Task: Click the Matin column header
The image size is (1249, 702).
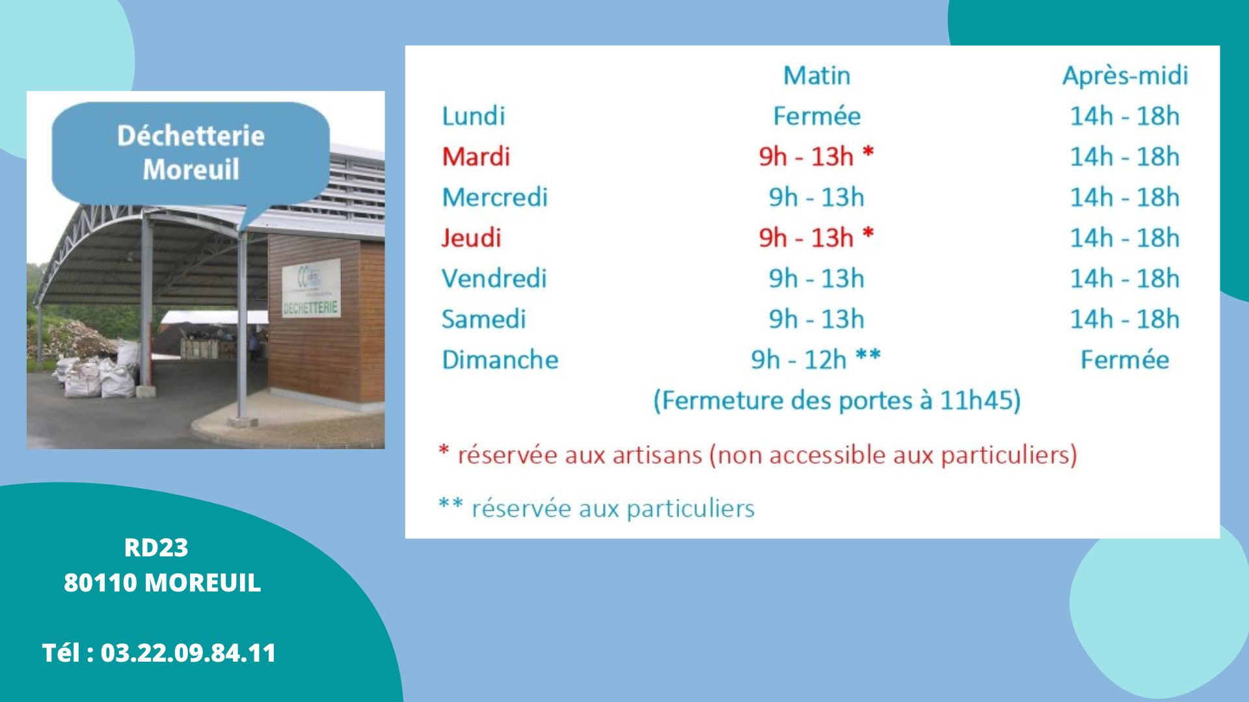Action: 816,75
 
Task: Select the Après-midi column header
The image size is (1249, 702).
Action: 1125,76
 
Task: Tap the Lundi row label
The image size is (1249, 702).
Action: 473,116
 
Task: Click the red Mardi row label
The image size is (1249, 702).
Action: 476,156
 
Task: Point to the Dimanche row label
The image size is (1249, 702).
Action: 500,359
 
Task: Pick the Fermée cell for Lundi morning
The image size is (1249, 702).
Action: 816,116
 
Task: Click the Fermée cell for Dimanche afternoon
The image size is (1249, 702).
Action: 1125,359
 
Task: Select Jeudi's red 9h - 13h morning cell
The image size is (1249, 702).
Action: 816,237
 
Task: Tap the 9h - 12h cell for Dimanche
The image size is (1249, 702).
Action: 816,359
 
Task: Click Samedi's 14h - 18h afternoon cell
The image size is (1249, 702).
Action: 1125,319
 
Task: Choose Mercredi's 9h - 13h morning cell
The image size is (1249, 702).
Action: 816,197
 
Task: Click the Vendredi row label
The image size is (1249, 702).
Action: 494,278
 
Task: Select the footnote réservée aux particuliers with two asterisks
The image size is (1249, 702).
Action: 597,508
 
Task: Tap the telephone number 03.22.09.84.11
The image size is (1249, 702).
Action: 189,653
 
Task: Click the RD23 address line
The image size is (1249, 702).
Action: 156,548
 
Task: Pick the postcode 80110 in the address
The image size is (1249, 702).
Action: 100,582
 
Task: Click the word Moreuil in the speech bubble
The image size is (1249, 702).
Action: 191,170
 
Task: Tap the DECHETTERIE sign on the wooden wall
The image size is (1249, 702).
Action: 311,307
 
